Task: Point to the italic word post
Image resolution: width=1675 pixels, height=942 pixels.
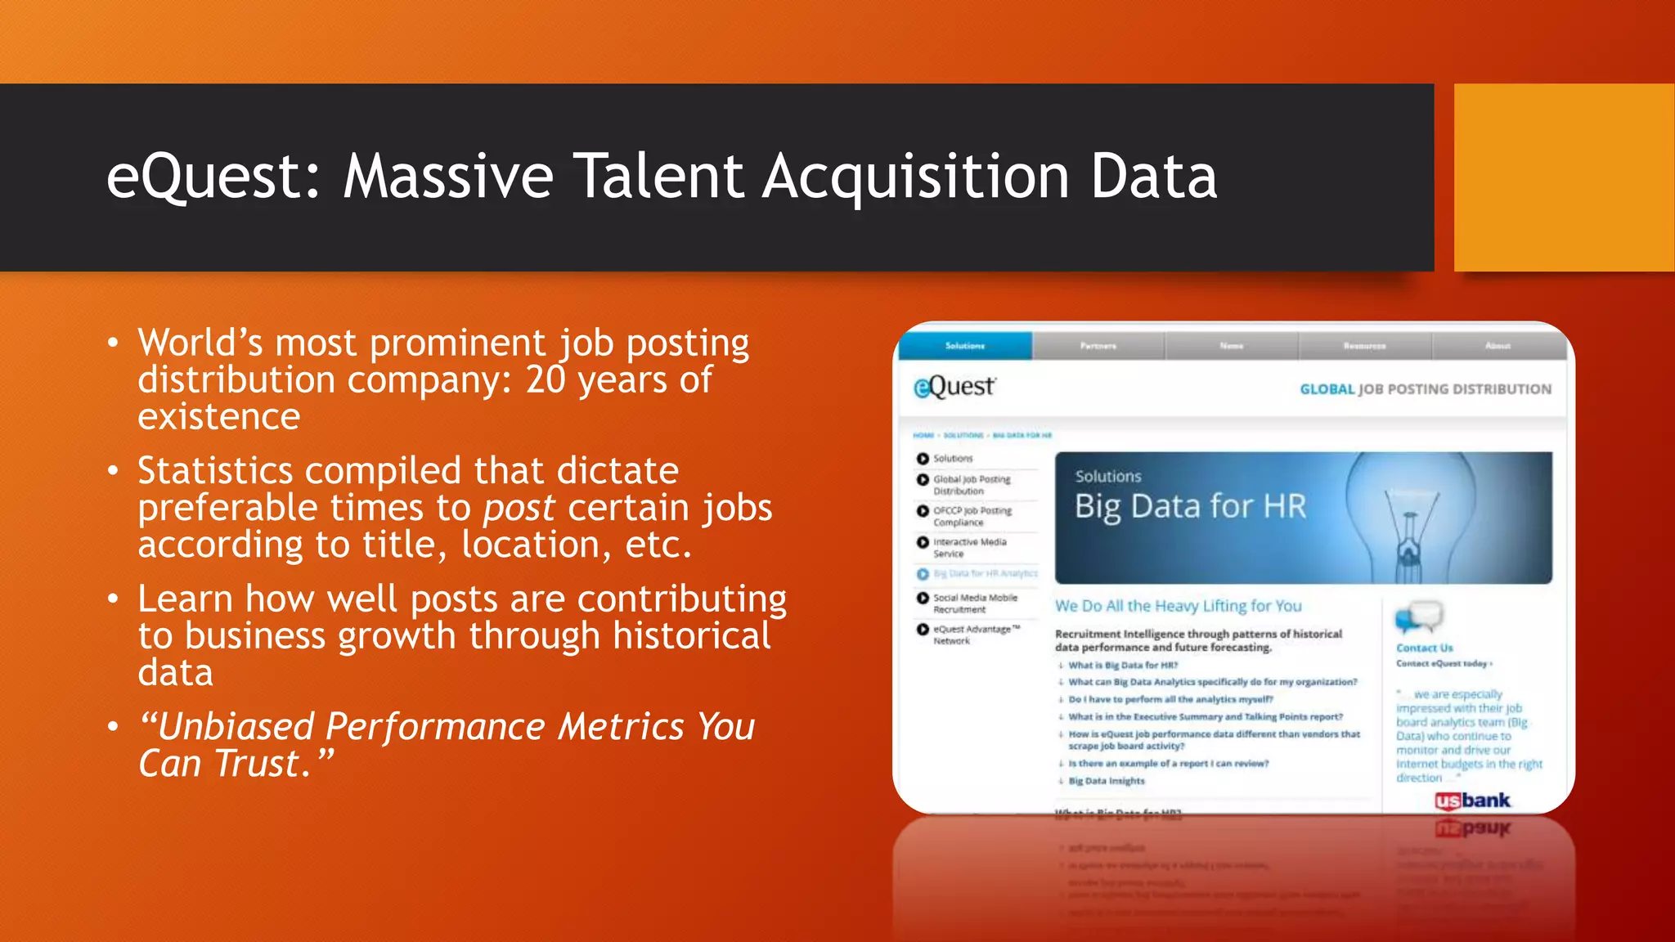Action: [519, 509]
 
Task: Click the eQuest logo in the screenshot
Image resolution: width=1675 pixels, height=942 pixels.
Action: [954, 387]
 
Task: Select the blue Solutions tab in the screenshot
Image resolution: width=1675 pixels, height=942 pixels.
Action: [965, 346]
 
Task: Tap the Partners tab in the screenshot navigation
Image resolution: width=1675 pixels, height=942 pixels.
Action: [1098, 346]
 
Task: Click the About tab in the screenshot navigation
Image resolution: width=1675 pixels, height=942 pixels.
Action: [1498, 346]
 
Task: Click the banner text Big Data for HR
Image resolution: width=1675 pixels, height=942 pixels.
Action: [1190, 507]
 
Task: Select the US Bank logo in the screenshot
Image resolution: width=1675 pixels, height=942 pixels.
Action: [1473, 801]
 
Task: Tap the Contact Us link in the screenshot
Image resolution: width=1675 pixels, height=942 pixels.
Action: [1424, 648]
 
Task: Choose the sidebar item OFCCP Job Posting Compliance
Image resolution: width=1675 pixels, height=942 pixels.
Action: [972, 516]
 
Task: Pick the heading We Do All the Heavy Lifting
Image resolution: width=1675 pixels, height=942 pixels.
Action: [1178, 606]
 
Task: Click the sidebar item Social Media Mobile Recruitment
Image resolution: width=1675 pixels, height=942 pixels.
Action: [975, 603]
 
